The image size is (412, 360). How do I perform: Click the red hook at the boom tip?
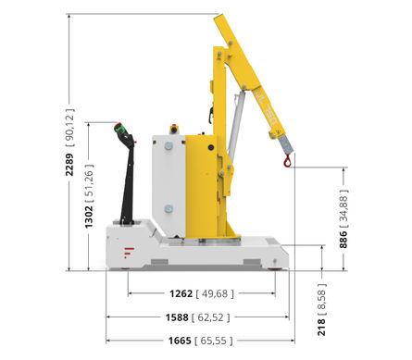click(x=287, y=161)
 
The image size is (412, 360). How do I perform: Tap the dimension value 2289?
click(x=69, y=165)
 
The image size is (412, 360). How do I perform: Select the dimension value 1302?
click(x=89, y=217)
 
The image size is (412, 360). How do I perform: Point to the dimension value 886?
click(x=343, y=240)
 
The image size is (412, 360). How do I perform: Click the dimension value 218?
click(x=321, y=328)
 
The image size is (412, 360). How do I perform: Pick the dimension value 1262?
click(x=181, y=293)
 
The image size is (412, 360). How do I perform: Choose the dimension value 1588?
click(x=177, y=317)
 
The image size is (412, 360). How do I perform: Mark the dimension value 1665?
click(x=180, y=341)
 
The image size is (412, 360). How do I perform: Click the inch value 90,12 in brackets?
click(x=69, y=127)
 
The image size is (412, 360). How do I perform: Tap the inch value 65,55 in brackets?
click(x=214, y=341)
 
